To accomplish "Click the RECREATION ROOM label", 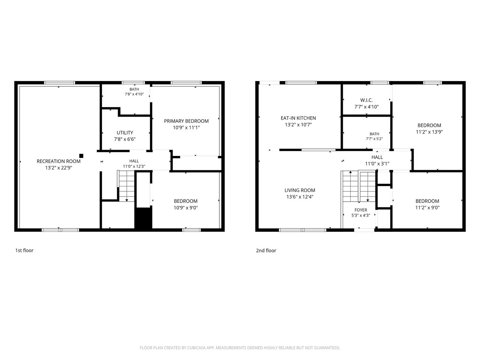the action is pos(58,161).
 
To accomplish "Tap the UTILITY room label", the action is pos(124,133).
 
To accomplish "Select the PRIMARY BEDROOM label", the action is pos(186,121).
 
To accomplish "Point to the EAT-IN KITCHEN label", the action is pos(298,118).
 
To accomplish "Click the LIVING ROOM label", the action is pos(300,190).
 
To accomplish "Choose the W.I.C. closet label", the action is pos(366,100).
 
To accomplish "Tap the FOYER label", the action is pos(361,210).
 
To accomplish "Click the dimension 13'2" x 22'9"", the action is pos(58,168).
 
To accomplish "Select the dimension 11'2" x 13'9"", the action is pos(429,132).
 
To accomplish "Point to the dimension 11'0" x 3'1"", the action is pos(377,164).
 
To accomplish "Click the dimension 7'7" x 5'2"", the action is pos(374,139).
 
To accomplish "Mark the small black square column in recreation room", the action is pos(81,156).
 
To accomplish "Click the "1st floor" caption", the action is pos(24,250).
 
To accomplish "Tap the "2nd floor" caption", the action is pos(266,250).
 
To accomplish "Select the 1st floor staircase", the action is pos(126,186).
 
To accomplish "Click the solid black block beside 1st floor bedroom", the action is pos(143,218).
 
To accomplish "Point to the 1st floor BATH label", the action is pos(134,89).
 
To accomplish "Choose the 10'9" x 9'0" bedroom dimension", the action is pos(186,208).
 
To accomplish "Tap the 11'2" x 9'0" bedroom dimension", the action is pos(427,208).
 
